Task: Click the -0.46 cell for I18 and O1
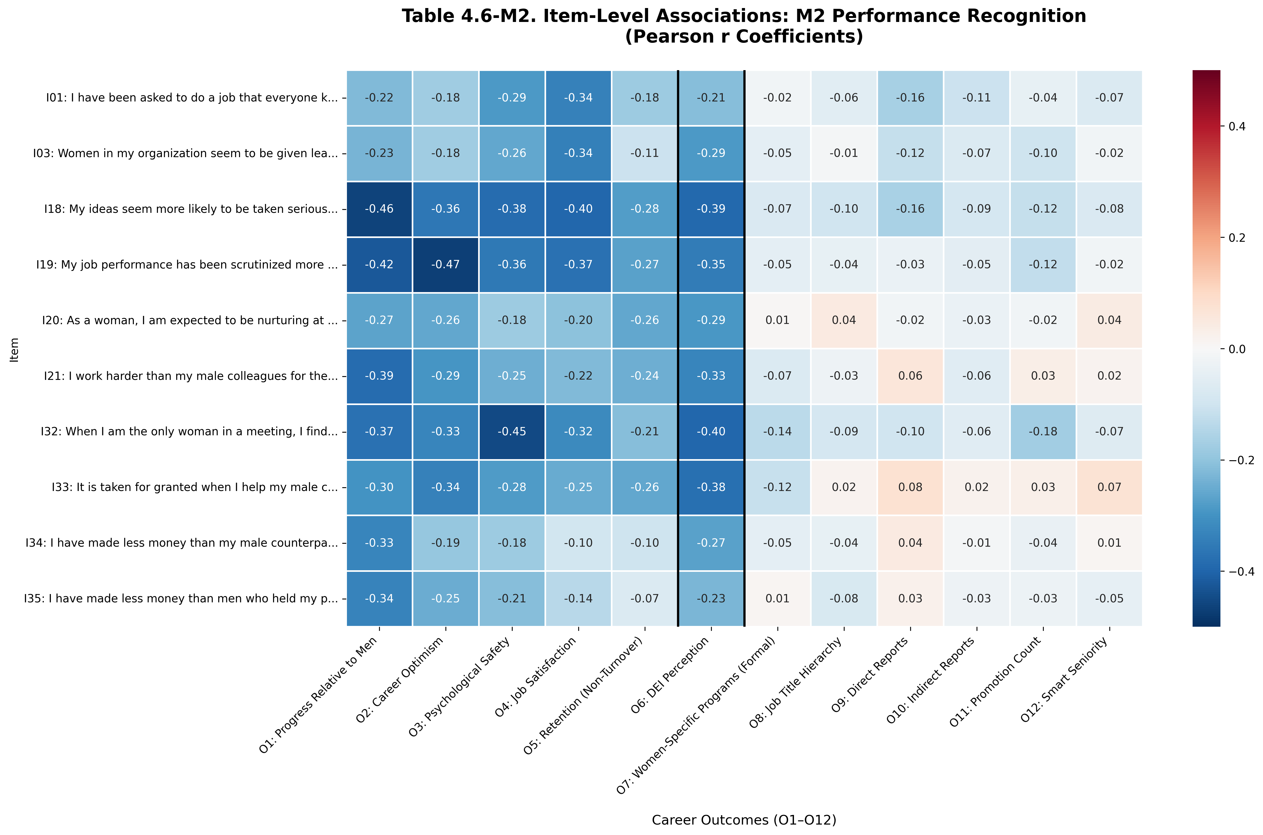[x=379, y=209]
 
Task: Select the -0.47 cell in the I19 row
[x=445, y=265]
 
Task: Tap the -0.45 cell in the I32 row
[x=511, y=431]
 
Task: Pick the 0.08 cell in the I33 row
[x=910, y=487]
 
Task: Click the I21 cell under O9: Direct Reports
[x=910, y=376]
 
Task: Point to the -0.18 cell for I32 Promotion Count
[x=1043, y=431]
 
